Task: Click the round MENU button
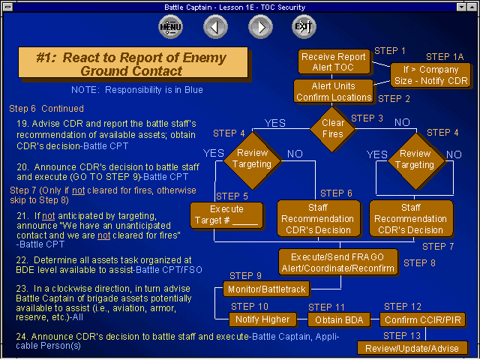click(170, 28)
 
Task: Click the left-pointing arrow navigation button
click(215, 28)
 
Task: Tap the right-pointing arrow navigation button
click(260, 28)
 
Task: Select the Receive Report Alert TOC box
click(333, 62)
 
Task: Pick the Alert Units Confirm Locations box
click(333, 91)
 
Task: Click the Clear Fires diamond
click(333, 128)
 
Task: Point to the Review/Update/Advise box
click(413, 348)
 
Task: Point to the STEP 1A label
click(445, 57)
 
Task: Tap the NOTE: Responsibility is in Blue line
click(137, 90)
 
